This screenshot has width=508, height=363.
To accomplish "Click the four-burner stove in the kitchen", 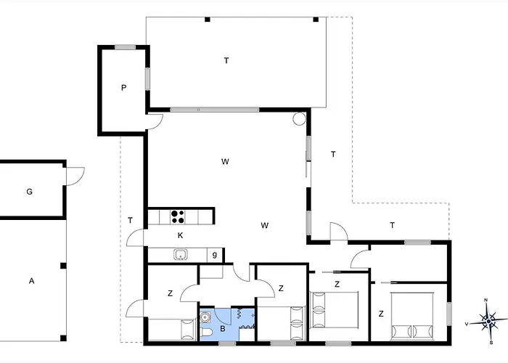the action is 178,217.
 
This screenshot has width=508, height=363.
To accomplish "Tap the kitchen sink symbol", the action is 180,254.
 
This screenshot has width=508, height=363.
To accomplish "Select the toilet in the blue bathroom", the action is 206,332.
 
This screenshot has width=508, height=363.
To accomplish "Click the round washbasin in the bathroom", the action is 205,317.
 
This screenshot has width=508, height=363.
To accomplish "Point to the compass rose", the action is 488,321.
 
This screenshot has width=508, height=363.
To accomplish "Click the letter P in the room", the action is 123,88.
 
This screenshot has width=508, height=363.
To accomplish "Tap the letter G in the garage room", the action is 30,192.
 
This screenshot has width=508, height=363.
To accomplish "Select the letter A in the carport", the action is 31,281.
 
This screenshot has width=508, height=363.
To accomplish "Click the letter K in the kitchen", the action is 180,235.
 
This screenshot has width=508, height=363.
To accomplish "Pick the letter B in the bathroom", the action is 223,329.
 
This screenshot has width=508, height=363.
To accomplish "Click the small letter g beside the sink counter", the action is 215,254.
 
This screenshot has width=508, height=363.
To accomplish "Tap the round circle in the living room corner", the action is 299,118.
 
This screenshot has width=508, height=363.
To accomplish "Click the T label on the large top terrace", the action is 226,60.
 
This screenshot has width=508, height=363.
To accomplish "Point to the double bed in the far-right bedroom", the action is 412,317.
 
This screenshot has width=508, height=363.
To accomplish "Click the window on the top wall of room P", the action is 125,47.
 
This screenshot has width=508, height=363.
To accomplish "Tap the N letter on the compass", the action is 486,300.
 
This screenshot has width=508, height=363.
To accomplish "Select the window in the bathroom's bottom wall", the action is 227,343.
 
